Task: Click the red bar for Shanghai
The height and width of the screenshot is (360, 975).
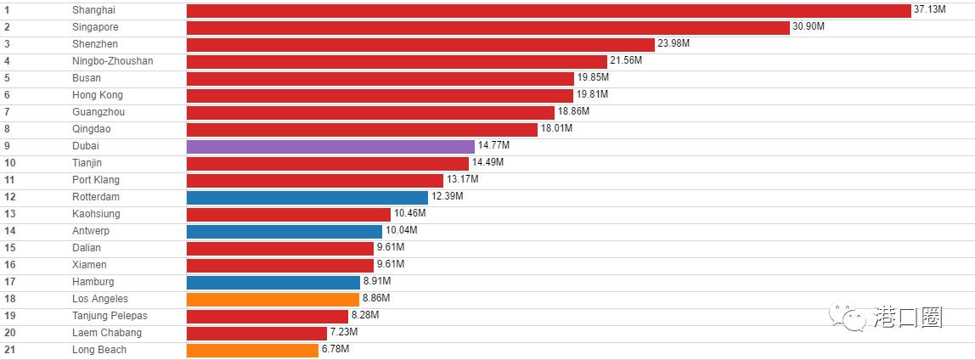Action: (x=548, y=10)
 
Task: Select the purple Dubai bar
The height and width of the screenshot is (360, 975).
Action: (x=330, y=146)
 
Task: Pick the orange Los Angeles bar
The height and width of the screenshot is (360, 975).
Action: (x=273, y=299)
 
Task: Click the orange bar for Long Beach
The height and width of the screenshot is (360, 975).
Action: (x=252, y=350)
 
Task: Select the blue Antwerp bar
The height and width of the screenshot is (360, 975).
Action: (x=284, y=231)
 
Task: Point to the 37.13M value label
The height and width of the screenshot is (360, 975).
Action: (x=929, y=10)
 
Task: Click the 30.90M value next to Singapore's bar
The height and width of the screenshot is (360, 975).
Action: (x=809, y=27)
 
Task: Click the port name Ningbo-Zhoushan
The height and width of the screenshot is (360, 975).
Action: (x=112, y=61)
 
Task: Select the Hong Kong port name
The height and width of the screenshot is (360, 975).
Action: (x=98, y=95)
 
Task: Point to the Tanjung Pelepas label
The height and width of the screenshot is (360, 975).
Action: (x=110, y=316)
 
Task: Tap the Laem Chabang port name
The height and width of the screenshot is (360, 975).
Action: (x=107, y=333)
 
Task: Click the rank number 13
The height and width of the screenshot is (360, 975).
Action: (x=9, y=214)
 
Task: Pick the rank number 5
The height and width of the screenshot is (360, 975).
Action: (x=7, y=78)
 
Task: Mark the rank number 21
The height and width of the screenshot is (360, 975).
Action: (x=9, y=350)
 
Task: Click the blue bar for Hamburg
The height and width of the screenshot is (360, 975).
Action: (x=273, y=282)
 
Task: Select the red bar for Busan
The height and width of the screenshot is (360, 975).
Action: (x=380, y=78)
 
